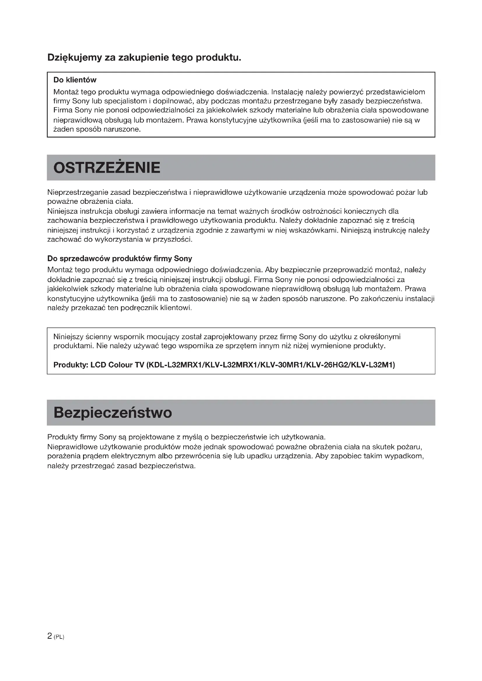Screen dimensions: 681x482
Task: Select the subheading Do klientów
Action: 75,80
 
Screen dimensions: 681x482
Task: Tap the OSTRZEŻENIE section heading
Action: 107,168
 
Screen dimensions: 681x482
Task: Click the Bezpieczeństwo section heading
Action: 113,413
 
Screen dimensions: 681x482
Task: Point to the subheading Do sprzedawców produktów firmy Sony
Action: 119,259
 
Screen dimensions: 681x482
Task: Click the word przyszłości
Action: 173,240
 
